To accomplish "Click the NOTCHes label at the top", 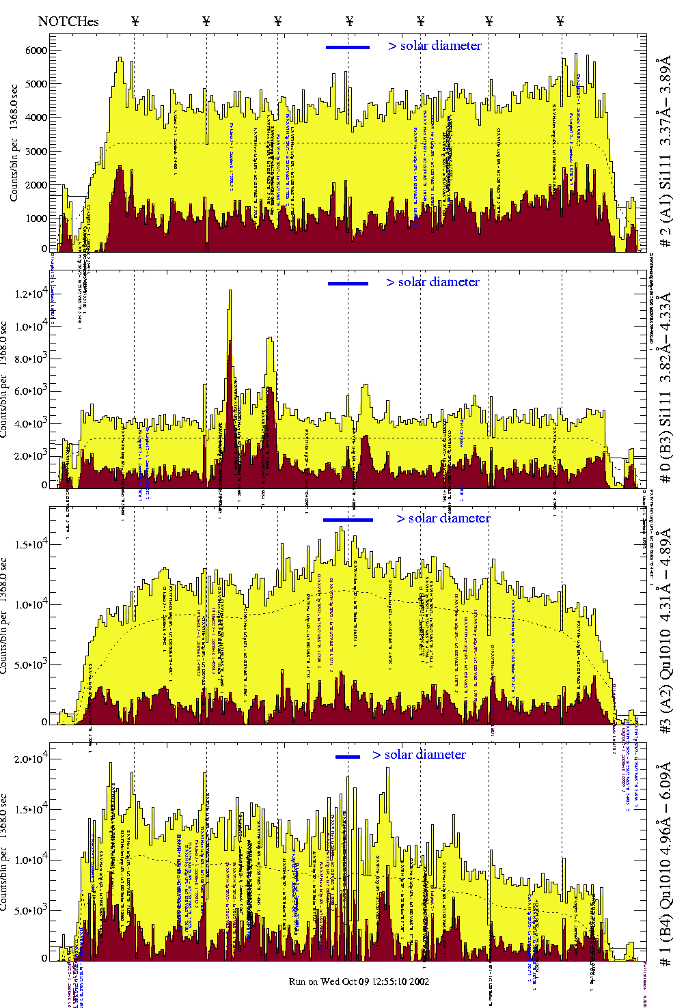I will click(x=68, y=21).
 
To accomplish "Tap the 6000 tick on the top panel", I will click(x=36, y=51).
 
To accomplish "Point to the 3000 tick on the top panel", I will click(x=36, y=152).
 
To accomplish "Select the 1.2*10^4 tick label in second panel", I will click(x=33, y=294).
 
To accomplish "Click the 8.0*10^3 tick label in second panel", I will click(x=33, y=359).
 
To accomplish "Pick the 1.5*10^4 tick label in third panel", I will click(x=33, y=544).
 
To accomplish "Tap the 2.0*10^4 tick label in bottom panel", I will click(x=33, y=759).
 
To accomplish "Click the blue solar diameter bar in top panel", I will click(x=348, y=47).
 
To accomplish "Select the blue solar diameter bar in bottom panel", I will click(x=348, y=757).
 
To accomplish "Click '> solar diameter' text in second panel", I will click(x=433, y=282).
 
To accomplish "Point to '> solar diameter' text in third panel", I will click(x=443, y=518).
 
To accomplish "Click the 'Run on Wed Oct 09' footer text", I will click(x=359, y=981).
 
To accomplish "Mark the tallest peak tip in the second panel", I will click(x=230, y=291).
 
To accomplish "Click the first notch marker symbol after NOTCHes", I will click(x=135, y=21).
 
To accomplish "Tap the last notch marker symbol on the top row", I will click(x=560, y=21).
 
